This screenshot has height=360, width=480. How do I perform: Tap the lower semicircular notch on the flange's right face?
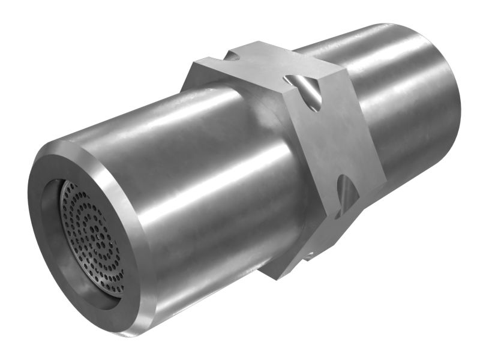pos(346,195)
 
